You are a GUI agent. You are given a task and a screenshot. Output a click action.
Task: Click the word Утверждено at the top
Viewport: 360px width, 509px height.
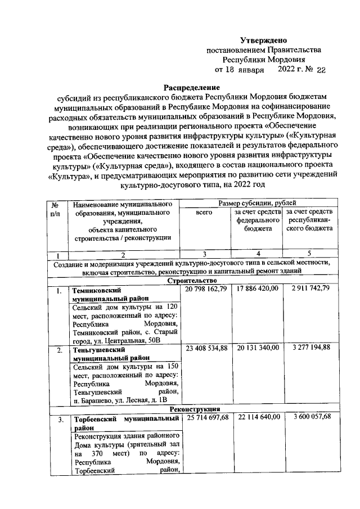pos(264,40)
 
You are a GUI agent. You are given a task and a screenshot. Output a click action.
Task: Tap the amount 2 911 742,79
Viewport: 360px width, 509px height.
pos(310,289)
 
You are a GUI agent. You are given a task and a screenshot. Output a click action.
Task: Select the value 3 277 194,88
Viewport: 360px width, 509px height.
pos(310,349)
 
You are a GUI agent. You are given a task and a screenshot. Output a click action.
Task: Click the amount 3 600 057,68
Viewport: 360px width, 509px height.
pos(310,417)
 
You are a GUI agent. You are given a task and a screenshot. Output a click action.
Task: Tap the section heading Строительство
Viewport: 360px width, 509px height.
pos(192,280)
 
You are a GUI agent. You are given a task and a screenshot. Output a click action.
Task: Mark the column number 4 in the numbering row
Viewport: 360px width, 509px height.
pos(257,253)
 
